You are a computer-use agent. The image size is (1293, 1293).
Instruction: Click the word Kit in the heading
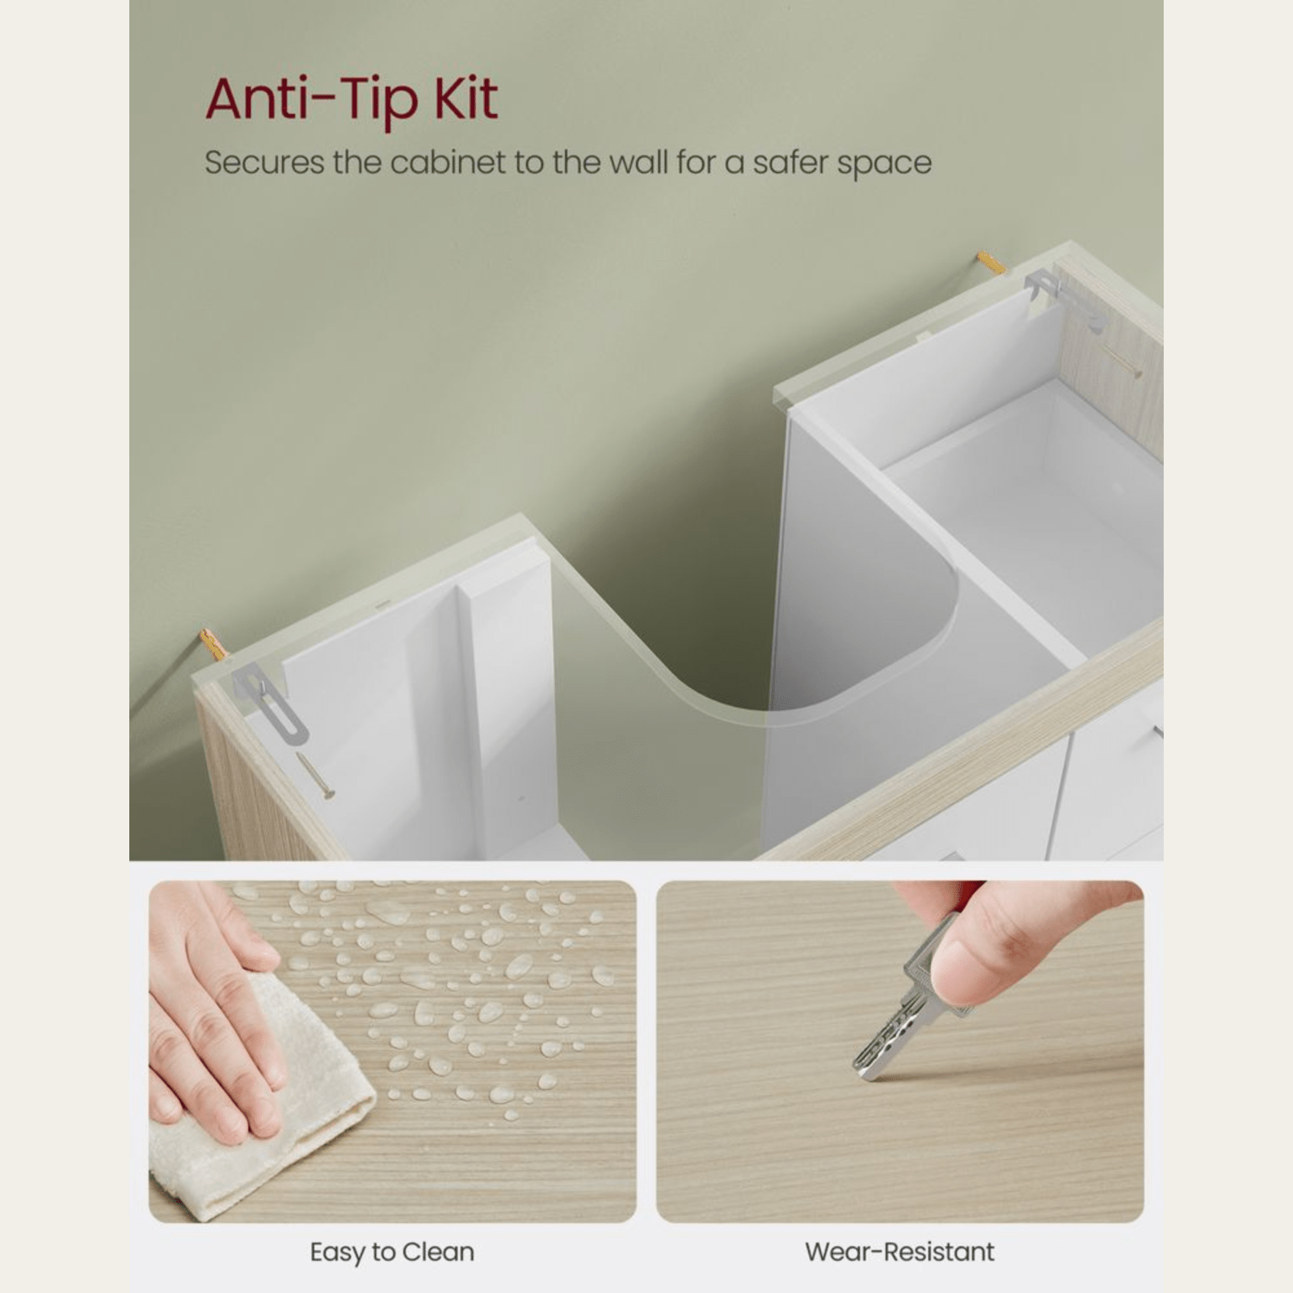[466, 99]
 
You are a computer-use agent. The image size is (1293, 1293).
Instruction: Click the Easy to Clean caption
[392, 1252]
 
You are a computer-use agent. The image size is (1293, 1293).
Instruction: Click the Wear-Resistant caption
[899, 1252]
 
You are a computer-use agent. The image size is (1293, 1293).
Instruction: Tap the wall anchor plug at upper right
[991, 263]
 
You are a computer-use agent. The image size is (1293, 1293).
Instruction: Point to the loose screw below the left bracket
[315, 776]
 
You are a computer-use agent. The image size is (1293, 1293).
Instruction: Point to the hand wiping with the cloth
[214, 1010]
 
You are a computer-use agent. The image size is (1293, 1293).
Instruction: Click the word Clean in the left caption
[439, 1252]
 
